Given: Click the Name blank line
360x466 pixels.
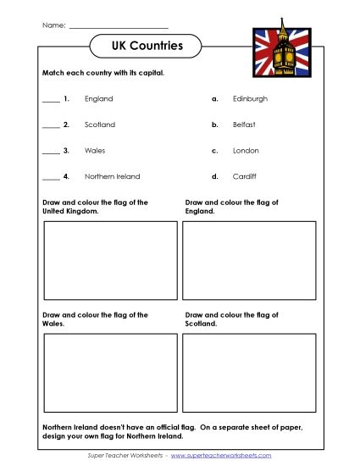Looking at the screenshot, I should point(118,27).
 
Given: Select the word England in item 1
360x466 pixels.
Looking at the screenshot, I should point(98,99).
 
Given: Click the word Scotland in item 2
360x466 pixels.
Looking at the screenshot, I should point(100,125).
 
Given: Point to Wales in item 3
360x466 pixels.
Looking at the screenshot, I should point(95,151).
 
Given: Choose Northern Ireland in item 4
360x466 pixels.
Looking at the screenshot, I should point(113,176).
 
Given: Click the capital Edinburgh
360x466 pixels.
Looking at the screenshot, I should point(250,99).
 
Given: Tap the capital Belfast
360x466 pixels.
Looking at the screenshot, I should point(244,125).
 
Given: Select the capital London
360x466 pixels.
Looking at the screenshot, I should point(246,151).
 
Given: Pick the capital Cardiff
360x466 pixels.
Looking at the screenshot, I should point(244,176).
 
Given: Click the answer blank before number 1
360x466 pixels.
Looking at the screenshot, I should point(51,102).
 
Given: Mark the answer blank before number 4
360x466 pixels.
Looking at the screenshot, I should point(51,179).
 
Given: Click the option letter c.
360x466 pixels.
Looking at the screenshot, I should point(215,151).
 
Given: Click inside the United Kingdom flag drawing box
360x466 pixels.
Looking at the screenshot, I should point(110,260).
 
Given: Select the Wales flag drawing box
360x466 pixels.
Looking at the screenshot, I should point(110,372).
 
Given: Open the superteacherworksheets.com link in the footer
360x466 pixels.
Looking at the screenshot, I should point(221,456).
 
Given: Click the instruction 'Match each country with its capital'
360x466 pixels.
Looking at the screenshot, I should point(102,73).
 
